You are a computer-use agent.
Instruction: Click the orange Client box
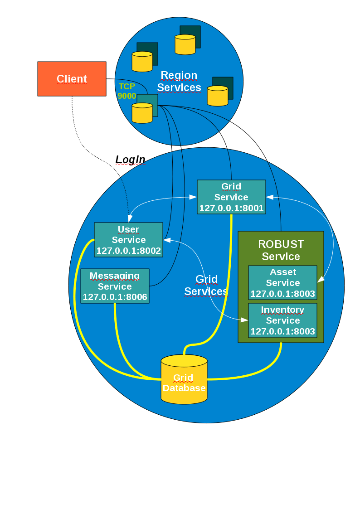click(72, 79)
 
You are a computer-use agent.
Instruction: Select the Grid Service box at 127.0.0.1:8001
click(231, 197)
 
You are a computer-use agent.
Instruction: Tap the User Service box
click(128, 239)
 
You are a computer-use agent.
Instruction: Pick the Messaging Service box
click(115, 286)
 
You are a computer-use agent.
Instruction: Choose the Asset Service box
click(282, 282)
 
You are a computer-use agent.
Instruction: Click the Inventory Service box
click(282, 320)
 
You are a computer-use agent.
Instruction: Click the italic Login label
click(130, 160)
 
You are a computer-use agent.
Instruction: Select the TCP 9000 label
click(126, 91)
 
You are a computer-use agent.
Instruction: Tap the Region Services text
click(179, 81)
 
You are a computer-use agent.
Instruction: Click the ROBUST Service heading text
click(281, 250)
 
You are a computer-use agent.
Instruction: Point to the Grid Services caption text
click(206, 285)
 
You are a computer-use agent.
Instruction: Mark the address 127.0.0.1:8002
click(128, 251)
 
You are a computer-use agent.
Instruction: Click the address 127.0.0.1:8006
click(115, 297)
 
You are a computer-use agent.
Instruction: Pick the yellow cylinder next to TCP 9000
click(142, 113)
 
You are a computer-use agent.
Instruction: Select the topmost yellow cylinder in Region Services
click(185, 44)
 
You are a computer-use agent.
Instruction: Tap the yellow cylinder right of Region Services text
click(218, 96)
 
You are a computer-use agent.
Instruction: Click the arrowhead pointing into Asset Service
click(320, 280)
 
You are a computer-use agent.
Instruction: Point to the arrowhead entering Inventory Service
click(245, 320)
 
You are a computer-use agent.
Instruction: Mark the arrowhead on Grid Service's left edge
click(194, 197)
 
